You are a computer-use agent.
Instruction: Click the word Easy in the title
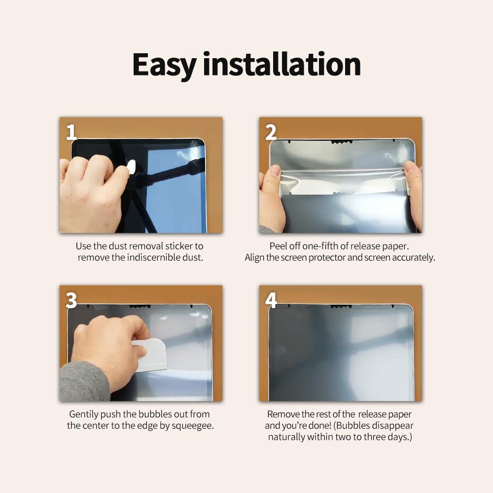[164, 65]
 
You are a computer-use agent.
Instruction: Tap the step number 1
[71, 132]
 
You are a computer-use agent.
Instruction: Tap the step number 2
[271, 132]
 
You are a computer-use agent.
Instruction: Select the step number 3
[71, 300]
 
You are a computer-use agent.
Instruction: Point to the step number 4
[271, 300]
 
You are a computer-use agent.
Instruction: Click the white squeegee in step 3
[151, 354]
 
